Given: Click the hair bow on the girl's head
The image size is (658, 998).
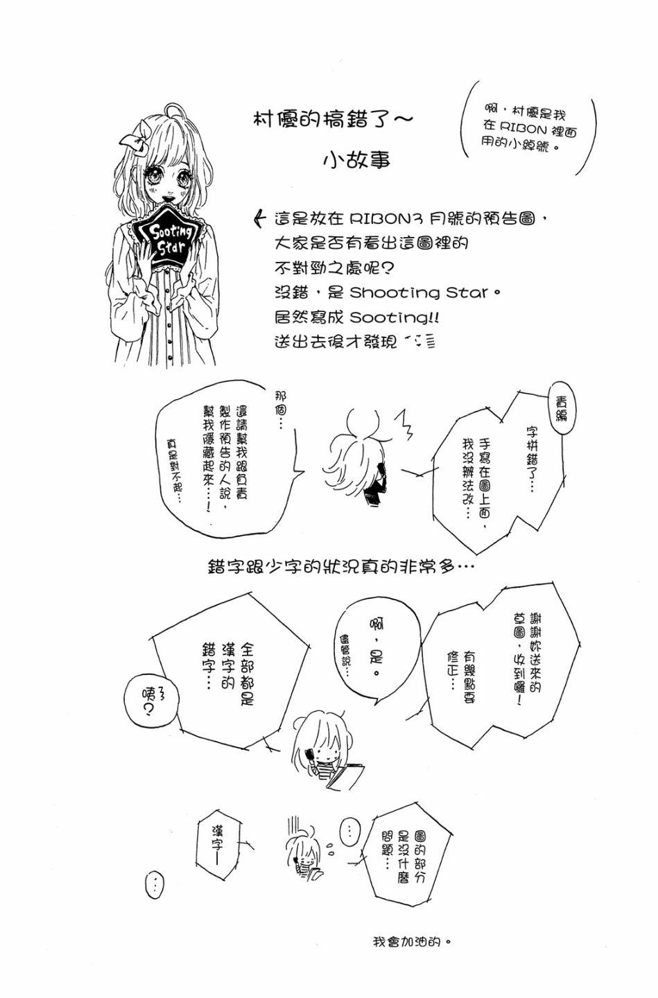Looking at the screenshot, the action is [x=135, y=138].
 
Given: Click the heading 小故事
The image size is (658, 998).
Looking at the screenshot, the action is [x=357, y=159].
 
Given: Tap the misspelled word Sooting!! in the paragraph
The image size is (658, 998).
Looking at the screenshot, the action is [x=394, y=317].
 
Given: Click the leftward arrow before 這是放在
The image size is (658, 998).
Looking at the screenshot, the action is [x=261, y=219].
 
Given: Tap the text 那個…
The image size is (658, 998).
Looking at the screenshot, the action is [x=282, y=409].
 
